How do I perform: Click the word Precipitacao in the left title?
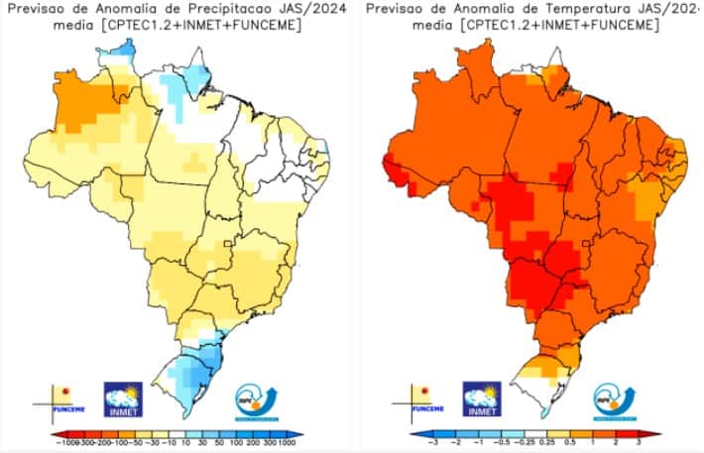[x=228, y=9]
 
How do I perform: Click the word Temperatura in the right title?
[x=582, y=9]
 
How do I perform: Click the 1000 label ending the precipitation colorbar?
[x=286, y=443]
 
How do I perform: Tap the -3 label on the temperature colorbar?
[x=431, y=443]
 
